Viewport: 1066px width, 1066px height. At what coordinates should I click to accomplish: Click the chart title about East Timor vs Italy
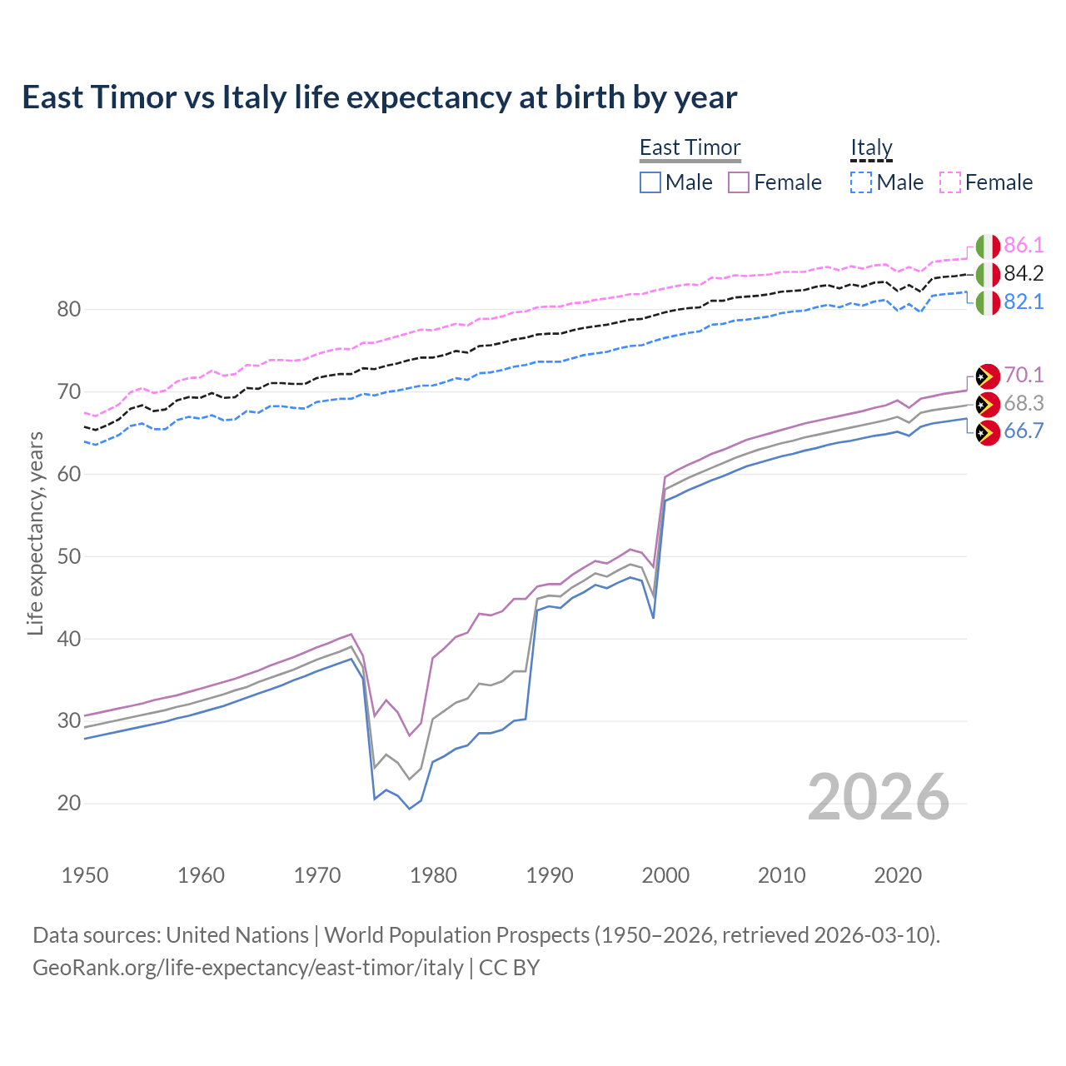[x=379, y=97]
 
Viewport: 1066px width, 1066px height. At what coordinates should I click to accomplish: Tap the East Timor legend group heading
[x=690, y=147]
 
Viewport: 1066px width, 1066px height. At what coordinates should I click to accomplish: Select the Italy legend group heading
[x=871, y=147]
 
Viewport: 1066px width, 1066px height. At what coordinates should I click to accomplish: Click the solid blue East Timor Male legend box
[x=650, y=182]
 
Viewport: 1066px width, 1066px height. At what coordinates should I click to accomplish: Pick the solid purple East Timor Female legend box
[x=739, y=182]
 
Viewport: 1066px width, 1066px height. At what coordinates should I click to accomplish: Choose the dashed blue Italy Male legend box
[x=861, y=182]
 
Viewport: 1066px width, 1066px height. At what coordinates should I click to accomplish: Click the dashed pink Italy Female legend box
[x=950, y=182]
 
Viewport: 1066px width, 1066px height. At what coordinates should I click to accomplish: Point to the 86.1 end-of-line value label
[x=1024, y=245]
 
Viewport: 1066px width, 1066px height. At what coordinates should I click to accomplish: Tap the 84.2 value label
[x=1024, y=273]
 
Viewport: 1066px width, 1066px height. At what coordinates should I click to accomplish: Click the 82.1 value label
[x=1024, y=301]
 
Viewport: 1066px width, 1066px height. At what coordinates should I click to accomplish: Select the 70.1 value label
[x=1024, y=375]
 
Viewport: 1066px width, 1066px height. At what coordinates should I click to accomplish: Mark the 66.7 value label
[x=1024, y=431]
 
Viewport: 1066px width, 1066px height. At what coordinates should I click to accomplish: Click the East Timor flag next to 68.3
[x=988, y=405]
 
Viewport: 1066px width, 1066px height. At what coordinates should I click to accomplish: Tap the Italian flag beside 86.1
[x=988, y=247]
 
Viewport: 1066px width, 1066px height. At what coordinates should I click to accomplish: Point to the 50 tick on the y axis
[x=69, y=556]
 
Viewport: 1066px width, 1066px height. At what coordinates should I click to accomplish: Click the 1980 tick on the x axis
[x=433, y=875]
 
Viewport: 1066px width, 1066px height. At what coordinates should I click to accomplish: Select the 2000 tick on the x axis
[x=665, y=875]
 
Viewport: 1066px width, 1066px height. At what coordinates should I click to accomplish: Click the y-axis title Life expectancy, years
[x=35, y=533]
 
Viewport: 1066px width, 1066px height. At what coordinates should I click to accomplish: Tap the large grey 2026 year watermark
[x=879, y=797]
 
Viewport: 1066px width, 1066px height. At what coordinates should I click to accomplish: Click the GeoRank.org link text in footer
[x=248, y=968]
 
